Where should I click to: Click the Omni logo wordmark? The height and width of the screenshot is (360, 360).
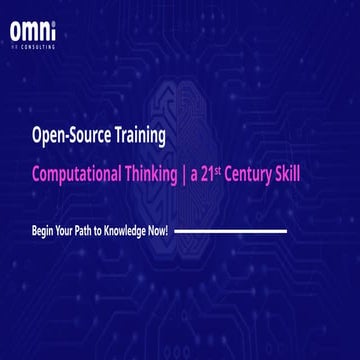click(x=33, y=33)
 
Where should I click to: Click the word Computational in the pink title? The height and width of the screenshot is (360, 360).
click(x=79, y=172)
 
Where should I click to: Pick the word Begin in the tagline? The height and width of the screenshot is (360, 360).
click(x=45, y=231)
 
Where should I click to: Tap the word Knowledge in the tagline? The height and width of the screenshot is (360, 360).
click(x=134, y=231)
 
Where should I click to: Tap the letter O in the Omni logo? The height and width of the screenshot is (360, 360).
click(x=16, y=33)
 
